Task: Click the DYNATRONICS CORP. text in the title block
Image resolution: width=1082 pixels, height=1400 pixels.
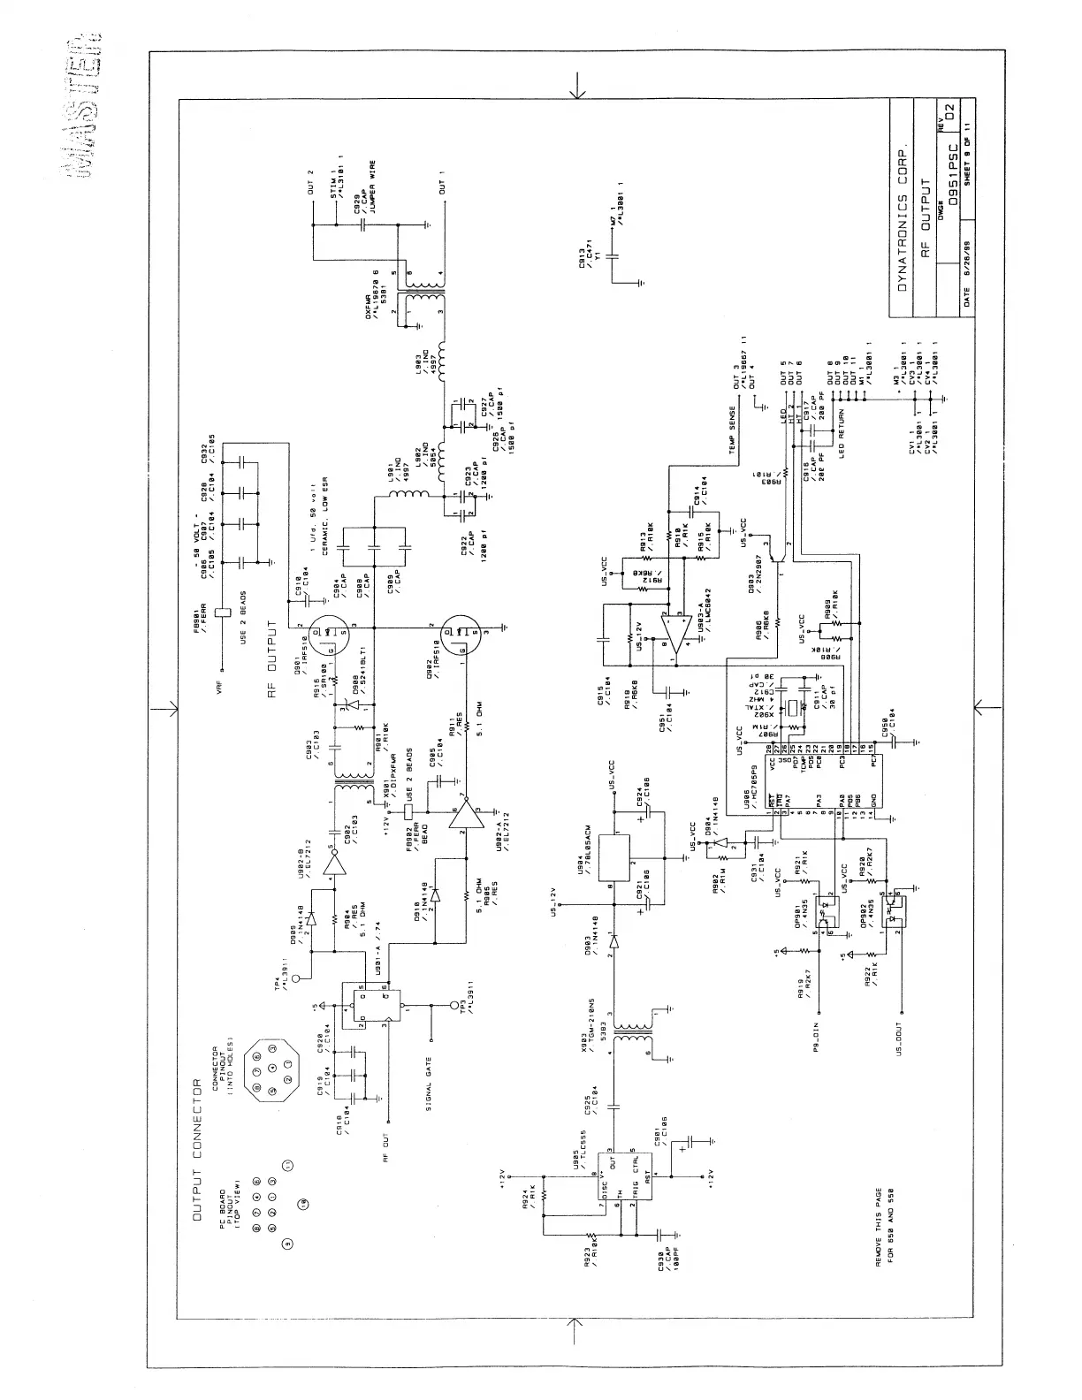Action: tap(902, 218)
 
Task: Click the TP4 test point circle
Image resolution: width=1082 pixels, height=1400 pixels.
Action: tap(297, 978)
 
